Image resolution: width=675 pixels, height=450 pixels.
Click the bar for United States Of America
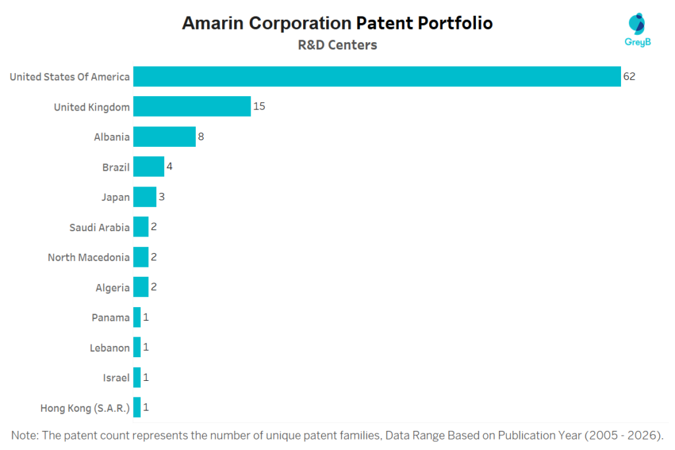click(376, 76)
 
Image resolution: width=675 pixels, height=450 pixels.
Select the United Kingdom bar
click(192, 106)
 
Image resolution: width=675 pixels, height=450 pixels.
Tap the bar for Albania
click(164, 136)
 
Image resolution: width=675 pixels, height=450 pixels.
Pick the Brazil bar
click(148, 167)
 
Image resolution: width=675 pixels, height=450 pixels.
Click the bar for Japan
click(144, 196)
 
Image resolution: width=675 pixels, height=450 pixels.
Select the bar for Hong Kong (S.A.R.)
click(136, 407)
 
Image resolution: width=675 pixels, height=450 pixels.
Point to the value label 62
click(629, 76)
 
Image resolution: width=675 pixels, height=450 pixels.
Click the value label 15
click(259, 106)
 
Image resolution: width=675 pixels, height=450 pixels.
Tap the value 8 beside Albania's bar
click(200, 136)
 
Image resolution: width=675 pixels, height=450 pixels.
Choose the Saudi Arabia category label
click(100, 227)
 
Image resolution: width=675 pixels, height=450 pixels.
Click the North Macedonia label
click(88, 257)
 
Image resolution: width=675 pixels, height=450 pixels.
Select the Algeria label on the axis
click(113, 287)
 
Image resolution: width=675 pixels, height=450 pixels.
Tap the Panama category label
click(111, 318)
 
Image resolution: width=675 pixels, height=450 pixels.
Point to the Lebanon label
click(109, 347)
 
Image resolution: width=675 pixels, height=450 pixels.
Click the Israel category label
click(116, 378)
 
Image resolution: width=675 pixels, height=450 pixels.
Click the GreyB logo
click(637, 30)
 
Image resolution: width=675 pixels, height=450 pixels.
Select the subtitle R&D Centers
click(337, 45)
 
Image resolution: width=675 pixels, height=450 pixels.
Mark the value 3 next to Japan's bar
click(161, 196)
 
